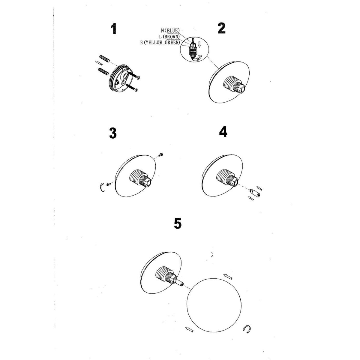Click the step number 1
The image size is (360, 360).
[113, 29]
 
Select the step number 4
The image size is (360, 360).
[223, 132]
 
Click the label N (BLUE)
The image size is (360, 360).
[170, 30]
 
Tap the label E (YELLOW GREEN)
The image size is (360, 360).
[160, 43]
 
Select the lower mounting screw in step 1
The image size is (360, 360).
[132, 87]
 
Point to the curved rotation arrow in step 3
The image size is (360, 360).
[102, 187]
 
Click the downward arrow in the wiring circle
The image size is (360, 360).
[199, 44]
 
